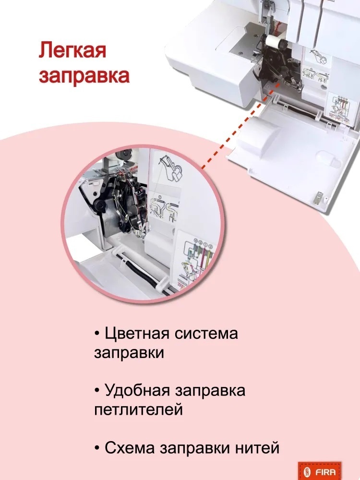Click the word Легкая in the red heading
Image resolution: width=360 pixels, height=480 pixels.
pos(72,50)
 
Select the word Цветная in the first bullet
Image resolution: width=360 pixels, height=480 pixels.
pos(137,334)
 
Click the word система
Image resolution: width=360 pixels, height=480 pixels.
pos(206,334)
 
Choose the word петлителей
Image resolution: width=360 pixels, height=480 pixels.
pos(138,409)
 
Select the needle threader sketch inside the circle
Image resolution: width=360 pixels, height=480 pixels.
pos(170,167)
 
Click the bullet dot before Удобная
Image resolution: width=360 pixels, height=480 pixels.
pos(97,391)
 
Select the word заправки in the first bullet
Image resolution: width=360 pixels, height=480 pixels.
pos(129,353)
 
